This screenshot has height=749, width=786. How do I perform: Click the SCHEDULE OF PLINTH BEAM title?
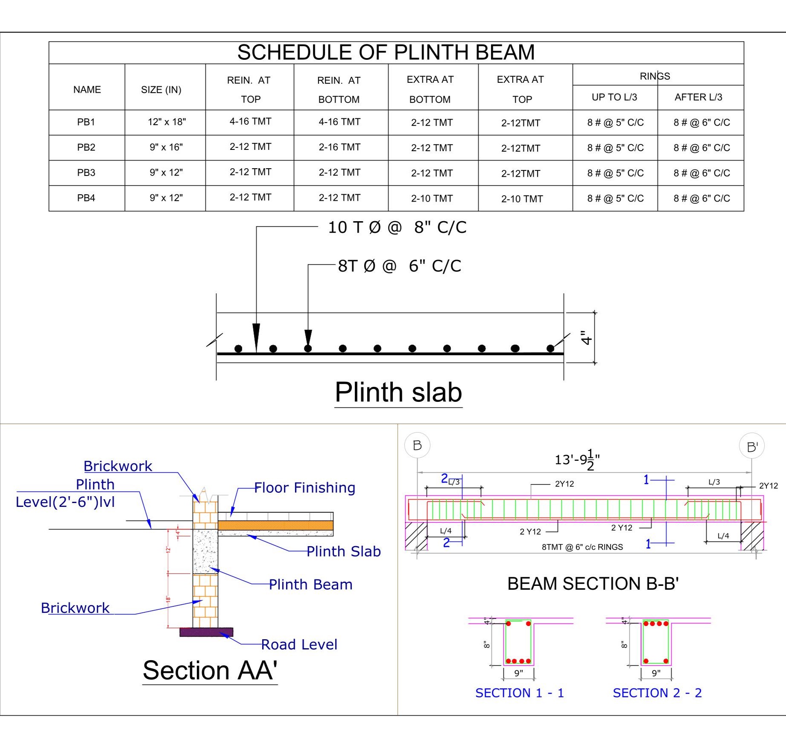[386, 53]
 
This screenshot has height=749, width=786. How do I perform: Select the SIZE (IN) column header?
[161, 90]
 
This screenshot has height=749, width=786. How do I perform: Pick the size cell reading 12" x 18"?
[167, 122]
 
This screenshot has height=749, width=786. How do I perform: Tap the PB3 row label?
[86, 173]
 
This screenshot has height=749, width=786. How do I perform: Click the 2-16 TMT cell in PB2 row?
[339, 147]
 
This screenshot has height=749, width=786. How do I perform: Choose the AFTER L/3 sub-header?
[698, 97]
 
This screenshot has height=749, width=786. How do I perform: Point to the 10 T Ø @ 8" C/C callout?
[397, 227]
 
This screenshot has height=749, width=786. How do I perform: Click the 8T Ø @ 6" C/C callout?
[399, 266]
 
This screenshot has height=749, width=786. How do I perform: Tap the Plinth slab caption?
[398, 392]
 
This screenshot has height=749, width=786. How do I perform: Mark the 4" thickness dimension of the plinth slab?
[586, 337]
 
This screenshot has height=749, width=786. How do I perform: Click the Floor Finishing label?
[304, 488]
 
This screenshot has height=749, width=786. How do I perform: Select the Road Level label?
[299, 644]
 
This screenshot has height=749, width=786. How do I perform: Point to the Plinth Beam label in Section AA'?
[310, 584]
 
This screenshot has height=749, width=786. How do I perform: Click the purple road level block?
[206, 632]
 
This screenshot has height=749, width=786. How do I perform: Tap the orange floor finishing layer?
[275, 525]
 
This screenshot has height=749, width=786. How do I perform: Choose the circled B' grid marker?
[751, 446]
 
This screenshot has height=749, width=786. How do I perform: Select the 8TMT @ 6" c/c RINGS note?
[582, 547]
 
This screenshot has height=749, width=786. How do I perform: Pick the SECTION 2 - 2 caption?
[657, 693]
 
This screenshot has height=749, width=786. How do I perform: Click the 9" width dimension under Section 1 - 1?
[518, 673]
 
